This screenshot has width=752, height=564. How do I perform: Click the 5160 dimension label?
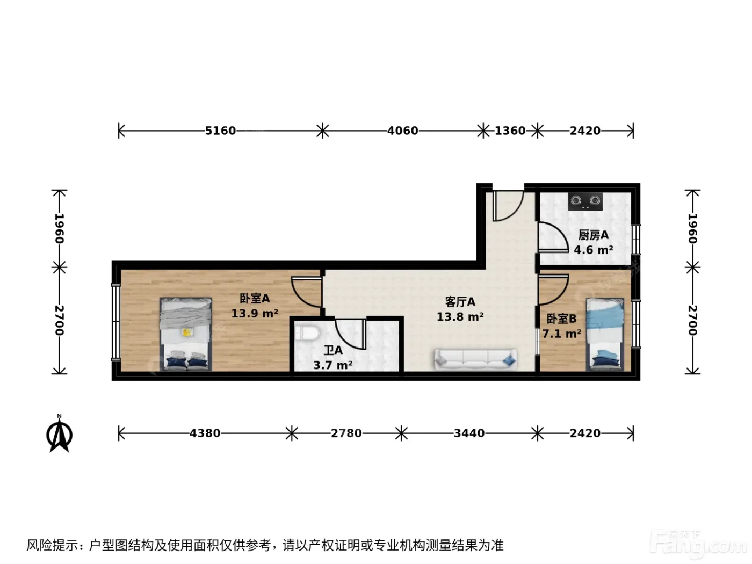click(220, 131)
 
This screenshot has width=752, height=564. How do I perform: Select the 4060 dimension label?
click(402, 131)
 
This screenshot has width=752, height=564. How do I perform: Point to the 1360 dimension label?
click(510, 131)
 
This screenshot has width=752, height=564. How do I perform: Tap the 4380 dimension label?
click(205, 433)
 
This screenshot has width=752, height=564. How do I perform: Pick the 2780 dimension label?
click(346, 433)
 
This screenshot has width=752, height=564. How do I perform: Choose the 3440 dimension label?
click(469, 433)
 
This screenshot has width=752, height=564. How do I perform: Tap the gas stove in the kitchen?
click(585, 201)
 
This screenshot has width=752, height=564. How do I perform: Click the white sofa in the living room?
click(476, 359)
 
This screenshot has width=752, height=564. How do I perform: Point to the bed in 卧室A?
click(186, 334)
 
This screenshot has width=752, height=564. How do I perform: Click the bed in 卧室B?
click(605, 335)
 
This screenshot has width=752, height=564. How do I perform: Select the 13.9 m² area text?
click(255, 313)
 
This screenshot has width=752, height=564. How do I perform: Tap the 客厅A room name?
click(460, 302)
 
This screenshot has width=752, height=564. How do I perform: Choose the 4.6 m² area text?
click(594, 250)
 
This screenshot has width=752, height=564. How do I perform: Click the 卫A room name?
click(333, 350)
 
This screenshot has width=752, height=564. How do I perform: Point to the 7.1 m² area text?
click(561, 333)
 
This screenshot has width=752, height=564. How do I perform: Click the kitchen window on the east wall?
click(636, 239)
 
